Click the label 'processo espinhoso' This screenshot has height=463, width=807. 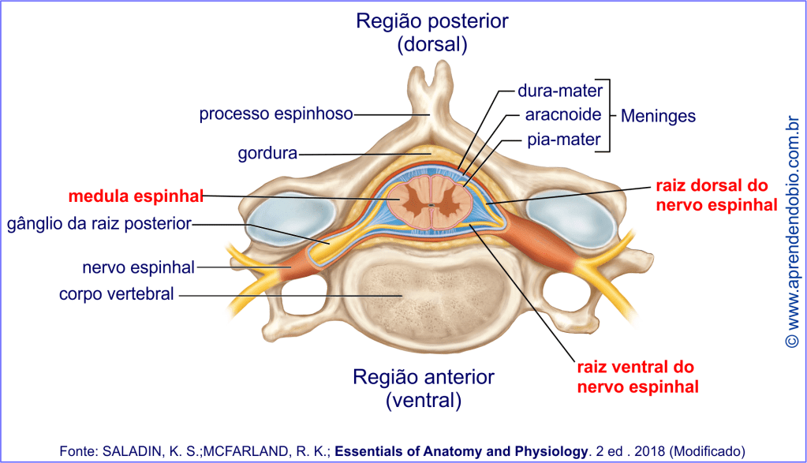275,114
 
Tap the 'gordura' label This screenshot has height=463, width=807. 267,153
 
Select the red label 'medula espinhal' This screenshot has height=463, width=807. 136,194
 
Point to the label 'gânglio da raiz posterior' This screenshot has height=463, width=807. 99,224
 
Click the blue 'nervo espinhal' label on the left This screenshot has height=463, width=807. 138,267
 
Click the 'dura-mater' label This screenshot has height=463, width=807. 560,90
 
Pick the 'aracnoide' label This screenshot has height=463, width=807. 563,115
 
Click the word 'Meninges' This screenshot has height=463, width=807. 658,116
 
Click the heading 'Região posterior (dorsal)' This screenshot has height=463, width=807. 432,32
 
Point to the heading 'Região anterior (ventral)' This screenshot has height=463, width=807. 424,388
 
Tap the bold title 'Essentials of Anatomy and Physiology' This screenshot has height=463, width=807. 461,451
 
